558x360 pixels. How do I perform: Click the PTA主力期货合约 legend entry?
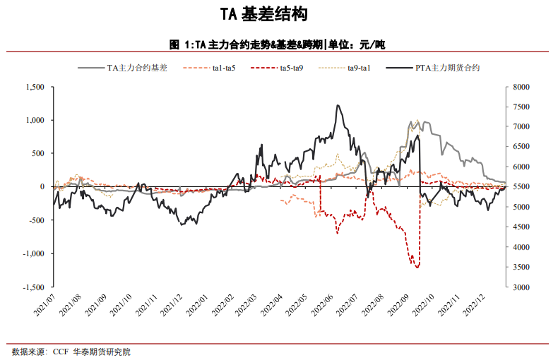448,68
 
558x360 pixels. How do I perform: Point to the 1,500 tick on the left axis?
34,87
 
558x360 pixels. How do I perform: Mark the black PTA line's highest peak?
338,105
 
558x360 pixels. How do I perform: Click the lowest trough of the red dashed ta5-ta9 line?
417,268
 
